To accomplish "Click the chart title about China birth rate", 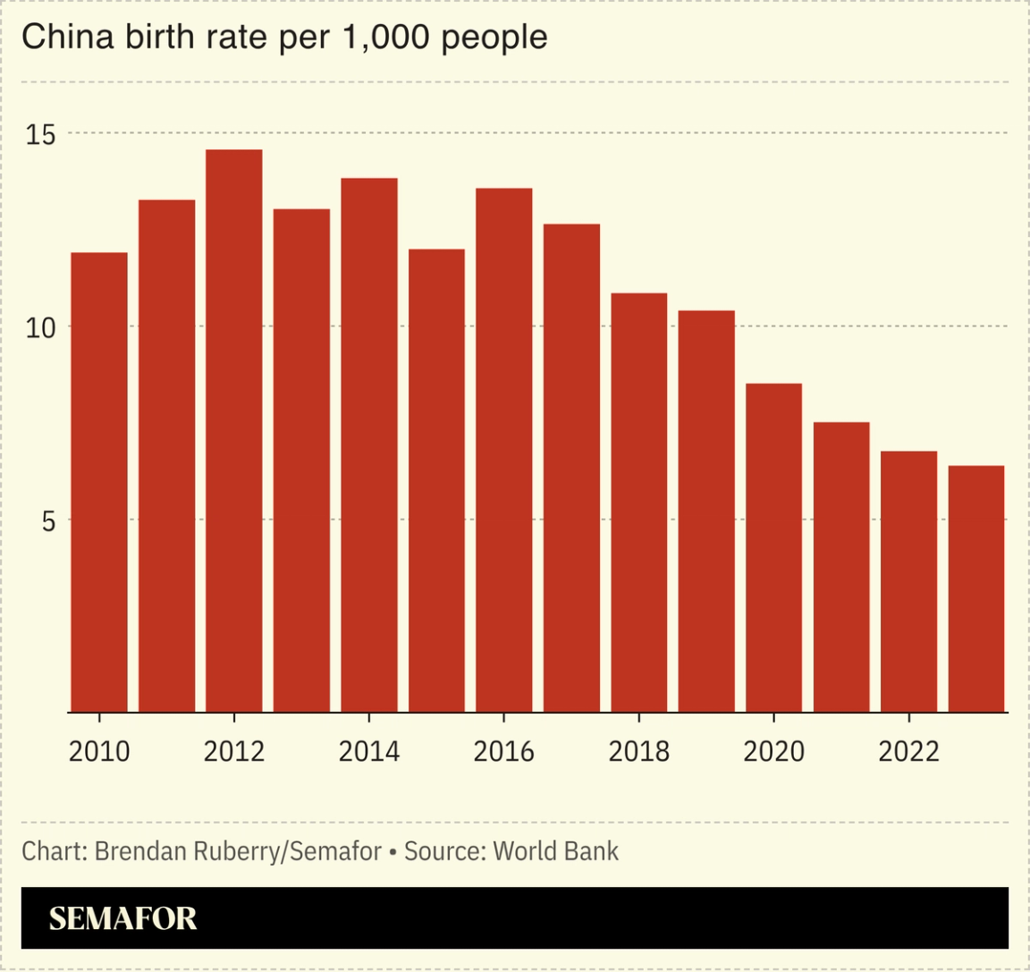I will (284, 38).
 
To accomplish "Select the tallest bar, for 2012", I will (234, 430).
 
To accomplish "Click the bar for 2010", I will (99, 482).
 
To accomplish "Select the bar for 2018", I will (638, 502).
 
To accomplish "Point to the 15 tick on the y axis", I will (41, 135).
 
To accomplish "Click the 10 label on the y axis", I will (41, 327).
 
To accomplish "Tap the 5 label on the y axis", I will (48, 520).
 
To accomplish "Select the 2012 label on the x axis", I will (234, 752).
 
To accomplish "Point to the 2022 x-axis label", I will (908, 752).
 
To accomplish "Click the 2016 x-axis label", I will (504, 752).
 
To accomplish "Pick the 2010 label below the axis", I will (99, 752).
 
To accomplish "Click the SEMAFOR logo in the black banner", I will (122, 918).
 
